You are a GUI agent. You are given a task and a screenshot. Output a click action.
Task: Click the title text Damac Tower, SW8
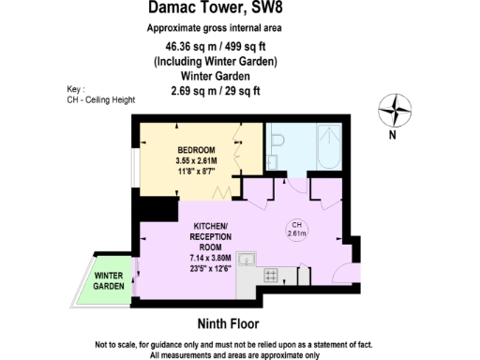(x=217, y=8)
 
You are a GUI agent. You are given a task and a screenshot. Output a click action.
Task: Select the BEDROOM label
(x=198, y=151)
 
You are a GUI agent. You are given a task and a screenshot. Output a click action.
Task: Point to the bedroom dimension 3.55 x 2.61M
(x=198, y=161)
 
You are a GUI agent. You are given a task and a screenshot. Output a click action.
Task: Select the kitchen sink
(x=247, y=260)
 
